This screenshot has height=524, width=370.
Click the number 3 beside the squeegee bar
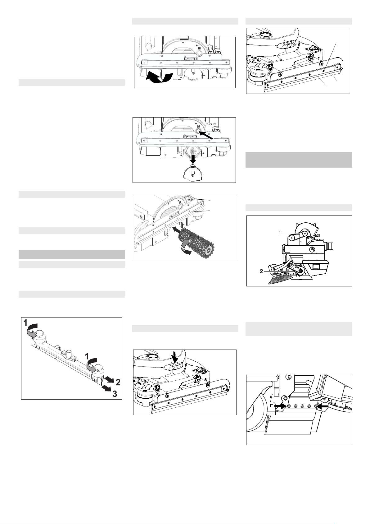coord(115,394)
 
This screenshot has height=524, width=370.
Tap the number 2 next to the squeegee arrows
coord(118,382)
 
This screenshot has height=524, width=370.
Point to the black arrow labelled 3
coord(106,388)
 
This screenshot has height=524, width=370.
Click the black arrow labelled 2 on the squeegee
coord(109,379)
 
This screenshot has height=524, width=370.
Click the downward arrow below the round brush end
coord(193,159)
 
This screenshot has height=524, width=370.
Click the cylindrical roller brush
coord(196,242)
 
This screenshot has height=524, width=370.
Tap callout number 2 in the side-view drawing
coord(261,271)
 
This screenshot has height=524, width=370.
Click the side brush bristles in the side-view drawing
coord(279,280)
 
